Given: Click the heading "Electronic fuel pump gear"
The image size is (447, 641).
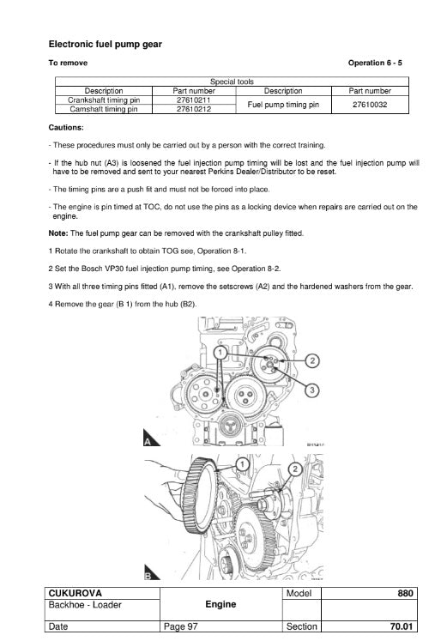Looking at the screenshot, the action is [x=105, y=44].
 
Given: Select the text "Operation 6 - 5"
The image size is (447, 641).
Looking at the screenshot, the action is [x=375, y=63].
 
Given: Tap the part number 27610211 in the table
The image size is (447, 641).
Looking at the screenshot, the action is [x=194, y=100].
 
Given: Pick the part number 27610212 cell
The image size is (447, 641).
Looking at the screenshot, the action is [x=194, y=109].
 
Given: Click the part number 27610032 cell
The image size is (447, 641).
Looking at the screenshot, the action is [x=370, y=105].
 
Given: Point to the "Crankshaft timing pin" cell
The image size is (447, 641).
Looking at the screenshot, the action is [x=104, y=100].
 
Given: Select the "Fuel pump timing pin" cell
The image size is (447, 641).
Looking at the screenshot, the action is [x=283, y=105].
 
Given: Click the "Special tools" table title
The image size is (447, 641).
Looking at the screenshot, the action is [x=232, y=82].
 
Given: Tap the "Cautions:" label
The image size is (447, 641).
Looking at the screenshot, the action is [x=66, y=128].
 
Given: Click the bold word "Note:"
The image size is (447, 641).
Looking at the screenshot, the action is [x=58, y=233].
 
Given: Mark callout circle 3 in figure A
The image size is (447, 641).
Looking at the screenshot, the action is [x=312, y=390].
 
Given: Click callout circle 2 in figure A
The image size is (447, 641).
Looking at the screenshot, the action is [x=312, y=360].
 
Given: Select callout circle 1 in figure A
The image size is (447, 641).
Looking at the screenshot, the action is [x=220, y=353].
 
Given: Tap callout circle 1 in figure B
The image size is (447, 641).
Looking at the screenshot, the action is [x=243, y=464].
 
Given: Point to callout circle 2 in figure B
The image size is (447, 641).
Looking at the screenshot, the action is [x=295, y=469].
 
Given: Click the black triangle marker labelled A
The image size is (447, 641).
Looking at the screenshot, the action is [x=151, y=438].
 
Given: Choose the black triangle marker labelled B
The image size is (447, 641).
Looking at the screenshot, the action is [x=151, y=572].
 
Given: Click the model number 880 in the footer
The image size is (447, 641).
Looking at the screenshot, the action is [x=405, y=593].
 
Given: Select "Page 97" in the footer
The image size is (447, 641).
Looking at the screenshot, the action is [x=180, y=626].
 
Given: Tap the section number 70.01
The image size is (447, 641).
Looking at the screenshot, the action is [x=402, y=626].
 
